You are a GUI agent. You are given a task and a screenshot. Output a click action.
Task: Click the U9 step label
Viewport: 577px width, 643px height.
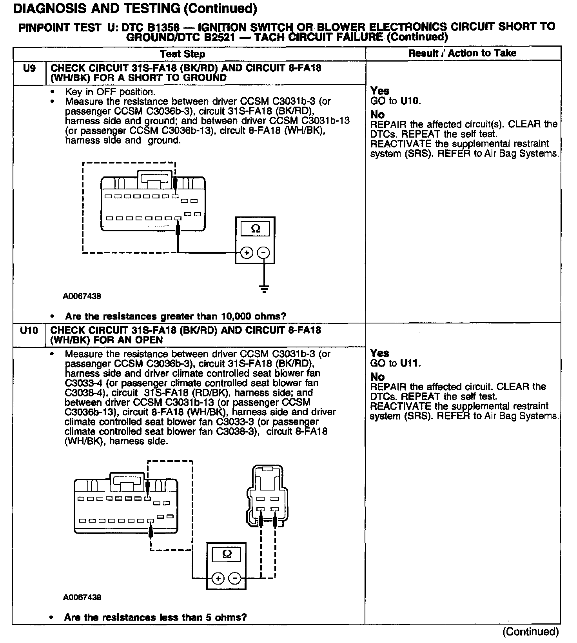point(29,69)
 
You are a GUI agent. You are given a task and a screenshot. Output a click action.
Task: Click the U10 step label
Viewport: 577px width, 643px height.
point(29,331)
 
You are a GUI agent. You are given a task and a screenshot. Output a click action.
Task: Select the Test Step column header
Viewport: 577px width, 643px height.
point(182,54)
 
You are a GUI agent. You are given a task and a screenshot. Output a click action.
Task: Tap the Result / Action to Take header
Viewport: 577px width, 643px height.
point(462,53)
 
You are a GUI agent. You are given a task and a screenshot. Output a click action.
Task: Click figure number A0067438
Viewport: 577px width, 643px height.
point(82,296)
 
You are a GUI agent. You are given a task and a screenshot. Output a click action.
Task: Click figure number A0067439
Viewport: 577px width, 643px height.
point(82,598)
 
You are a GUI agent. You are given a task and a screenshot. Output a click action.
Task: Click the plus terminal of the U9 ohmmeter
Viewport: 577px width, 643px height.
point(247,253)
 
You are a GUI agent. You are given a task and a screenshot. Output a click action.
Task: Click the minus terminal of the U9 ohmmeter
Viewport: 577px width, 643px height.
point(264,253)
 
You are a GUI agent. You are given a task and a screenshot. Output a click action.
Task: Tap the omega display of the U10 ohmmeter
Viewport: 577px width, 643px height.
point(227,554)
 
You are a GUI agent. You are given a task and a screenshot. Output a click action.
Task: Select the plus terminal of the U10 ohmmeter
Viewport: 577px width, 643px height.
point(218,578)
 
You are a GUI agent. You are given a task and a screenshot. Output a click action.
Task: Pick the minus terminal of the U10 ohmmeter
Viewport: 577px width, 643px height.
point(235,578)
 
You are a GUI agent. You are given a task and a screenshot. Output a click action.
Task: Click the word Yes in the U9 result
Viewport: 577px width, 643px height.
point(380,91)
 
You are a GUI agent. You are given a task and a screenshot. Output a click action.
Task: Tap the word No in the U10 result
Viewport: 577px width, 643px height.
point(377,377)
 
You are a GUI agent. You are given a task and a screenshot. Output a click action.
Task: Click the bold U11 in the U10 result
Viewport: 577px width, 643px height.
point(410,363)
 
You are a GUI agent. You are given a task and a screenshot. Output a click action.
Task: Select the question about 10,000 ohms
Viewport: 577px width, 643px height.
point(176,316)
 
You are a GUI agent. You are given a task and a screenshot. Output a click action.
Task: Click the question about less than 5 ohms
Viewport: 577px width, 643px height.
point(155,618)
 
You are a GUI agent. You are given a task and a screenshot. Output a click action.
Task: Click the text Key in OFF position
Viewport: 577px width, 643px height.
point(110,92)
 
